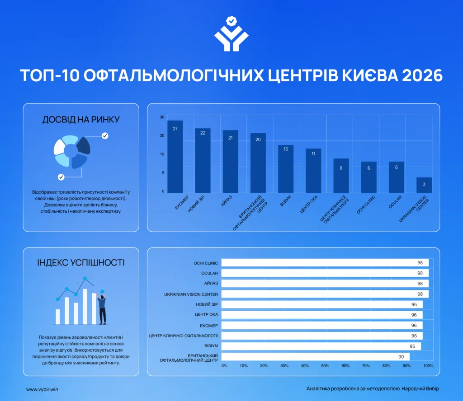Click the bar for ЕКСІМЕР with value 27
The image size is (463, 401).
(x=175, y=157)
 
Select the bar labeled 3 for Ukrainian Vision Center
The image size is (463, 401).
(x=424, y=185)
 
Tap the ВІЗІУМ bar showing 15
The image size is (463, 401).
(x=286, y=169)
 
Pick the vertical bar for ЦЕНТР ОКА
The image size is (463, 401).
(x=313, y=171)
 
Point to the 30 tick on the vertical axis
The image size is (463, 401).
(x=162, y=117)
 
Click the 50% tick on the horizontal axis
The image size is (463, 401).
(x=325, y=366)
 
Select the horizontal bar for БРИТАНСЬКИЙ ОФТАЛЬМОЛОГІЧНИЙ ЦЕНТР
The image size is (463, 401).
(x=315, y=356)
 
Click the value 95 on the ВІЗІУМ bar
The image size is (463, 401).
(x=412, y=346)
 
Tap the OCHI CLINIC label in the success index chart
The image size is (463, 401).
(x=206, y=263)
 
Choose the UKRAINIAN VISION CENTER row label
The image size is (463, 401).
(x=191, y=294)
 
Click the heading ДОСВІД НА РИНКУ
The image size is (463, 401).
(x=81, y=119)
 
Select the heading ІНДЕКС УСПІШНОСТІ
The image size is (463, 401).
(x=81, y=262)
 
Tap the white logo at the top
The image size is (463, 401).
(x=231, y=34)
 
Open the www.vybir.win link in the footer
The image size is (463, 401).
(x=42, y=389)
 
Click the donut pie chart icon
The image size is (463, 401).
(x=72, y=152)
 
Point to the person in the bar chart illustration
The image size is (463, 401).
(x=102, y=308)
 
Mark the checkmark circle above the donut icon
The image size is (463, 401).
(x=105, y=135)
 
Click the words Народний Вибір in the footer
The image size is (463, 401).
(x=420, y=389)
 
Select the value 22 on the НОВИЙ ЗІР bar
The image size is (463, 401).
(x=203, y=133)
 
